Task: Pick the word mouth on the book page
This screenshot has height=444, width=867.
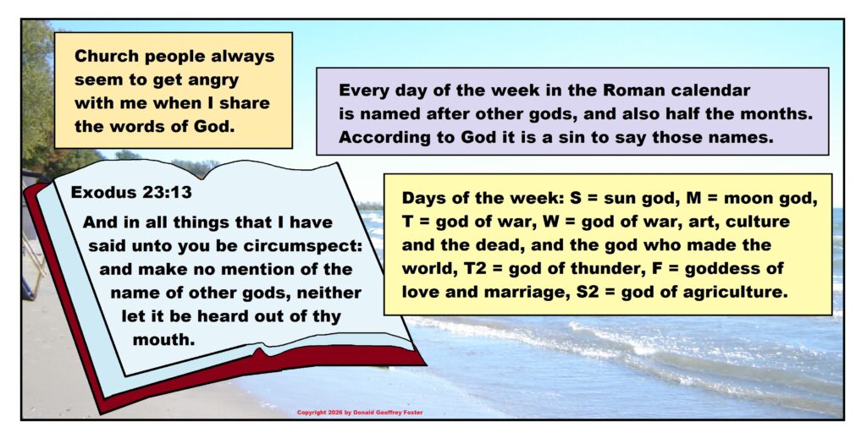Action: click(x=163, y=340)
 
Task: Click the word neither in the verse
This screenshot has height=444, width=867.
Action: click(x=329, y=293)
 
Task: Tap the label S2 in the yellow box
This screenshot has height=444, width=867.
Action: click(x=588, y=292)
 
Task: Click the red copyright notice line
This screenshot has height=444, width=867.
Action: click(x=360, y=413)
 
